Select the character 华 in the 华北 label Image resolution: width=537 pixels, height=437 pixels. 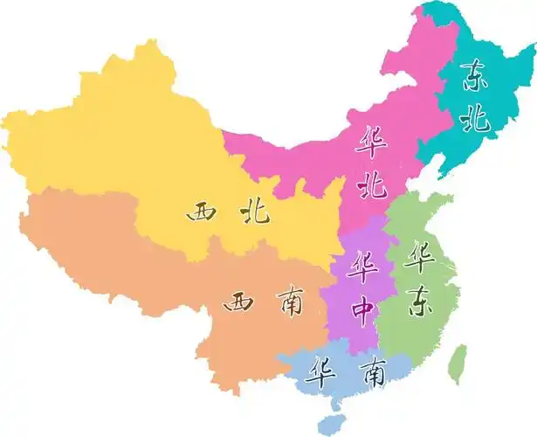click(x=371, y=140)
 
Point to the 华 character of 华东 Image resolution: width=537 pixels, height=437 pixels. click(x=422, y=256)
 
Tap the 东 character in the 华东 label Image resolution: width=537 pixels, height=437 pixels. click(x=421, y=302)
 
